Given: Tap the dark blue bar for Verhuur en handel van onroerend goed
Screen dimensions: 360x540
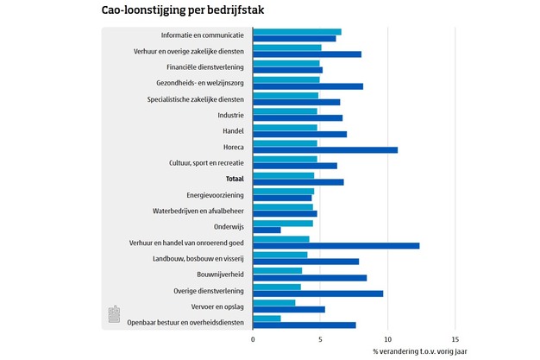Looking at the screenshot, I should pos(336,246).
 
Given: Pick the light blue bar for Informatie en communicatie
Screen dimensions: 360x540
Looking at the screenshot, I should pos(297,32).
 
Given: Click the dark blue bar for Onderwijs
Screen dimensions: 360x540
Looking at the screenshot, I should pos(267,230).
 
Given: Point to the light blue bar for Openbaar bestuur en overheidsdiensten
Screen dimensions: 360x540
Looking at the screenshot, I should pos(267,319).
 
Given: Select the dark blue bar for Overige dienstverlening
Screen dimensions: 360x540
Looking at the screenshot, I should pos(317,294).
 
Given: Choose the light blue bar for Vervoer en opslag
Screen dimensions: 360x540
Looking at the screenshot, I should pos(274,302).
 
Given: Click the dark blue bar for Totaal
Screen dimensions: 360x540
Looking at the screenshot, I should pos(298,181).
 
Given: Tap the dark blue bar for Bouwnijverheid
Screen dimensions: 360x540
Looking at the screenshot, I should pos(310,278).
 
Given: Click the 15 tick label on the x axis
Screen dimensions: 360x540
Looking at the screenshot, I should pos(455,340).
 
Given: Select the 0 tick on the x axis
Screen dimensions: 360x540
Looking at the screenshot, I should pos(253,340).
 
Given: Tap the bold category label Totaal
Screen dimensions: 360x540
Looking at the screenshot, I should pos(235,179).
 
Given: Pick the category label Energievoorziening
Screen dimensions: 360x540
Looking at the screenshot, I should pos(216,195).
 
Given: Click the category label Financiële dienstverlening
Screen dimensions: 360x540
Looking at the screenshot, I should pos(205,66).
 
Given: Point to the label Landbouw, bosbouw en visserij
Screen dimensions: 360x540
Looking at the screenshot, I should pos(199,259).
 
